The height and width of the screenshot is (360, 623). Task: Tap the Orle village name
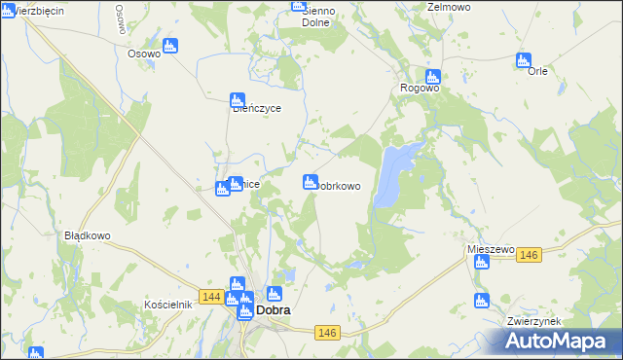tap(537, 71)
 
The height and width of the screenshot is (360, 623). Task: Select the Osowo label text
tap(144, 54)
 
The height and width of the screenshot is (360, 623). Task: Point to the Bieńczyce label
tap(257, 109)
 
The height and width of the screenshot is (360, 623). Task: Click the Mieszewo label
tap(491, 250)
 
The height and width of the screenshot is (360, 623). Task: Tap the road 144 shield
tap(211, 296)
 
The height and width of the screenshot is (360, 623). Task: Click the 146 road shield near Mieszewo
tap(529, 255)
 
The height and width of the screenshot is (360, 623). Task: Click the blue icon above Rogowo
tap(433, 77)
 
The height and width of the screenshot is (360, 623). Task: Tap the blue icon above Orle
tap(525, 61)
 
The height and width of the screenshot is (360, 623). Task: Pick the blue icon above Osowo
tap(170, 45)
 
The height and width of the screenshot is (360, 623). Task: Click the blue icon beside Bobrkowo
tap(311, 181)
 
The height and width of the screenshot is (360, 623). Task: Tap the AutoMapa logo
tap(560, 341)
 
